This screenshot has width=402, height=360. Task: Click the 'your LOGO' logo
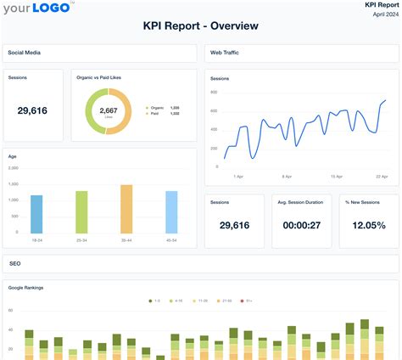click(36, 10)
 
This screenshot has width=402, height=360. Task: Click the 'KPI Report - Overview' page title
click(201, 26)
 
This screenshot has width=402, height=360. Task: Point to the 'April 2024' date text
click(382, 14)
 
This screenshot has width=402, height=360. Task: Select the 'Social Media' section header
click(25, 52)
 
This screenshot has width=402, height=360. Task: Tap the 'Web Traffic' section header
click(225, 52)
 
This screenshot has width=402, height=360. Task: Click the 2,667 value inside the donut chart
click(109, 110)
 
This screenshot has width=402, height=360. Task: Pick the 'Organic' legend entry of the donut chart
click(154, 108)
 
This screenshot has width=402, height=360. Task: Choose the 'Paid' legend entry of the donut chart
click(153, 114)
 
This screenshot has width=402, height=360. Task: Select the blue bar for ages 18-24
click(36, 214)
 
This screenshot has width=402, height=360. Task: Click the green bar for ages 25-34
click(81, 211)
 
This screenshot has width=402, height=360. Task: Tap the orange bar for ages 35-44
click(126, 209)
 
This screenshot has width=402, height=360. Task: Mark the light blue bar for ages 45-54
click(171, 211)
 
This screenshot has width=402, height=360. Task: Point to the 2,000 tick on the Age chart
click(14, 169)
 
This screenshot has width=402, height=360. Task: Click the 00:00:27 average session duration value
click(300, 225)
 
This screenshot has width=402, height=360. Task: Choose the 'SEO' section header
click(14, 264)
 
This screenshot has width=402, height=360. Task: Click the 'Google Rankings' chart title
click(25, 288)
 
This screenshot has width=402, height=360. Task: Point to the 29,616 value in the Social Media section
click(32, 110)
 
